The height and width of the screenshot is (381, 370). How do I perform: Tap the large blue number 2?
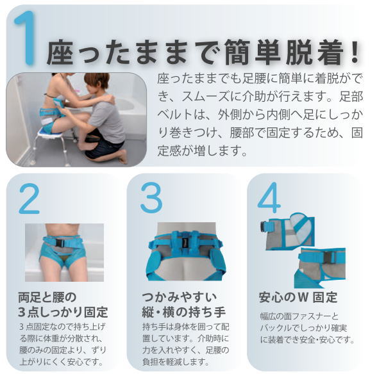29,199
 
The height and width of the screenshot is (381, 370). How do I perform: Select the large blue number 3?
151,198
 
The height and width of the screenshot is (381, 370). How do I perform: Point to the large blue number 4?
269,197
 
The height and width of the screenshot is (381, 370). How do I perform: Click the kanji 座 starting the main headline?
59,53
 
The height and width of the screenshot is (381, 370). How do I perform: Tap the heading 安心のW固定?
298,297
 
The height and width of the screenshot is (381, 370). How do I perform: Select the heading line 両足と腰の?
47,297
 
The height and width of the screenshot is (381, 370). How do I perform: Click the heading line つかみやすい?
180,297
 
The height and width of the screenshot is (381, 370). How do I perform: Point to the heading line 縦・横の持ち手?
184,312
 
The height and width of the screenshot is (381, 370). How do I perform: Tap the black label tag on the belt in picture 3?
185,243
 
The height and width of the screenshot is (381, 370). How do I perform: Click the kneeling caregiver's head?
97,83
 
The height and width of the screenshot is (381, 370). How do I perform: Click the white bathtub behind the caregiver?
131,114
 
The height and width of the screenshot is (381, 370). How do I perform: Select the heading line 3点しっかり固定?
63,312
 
